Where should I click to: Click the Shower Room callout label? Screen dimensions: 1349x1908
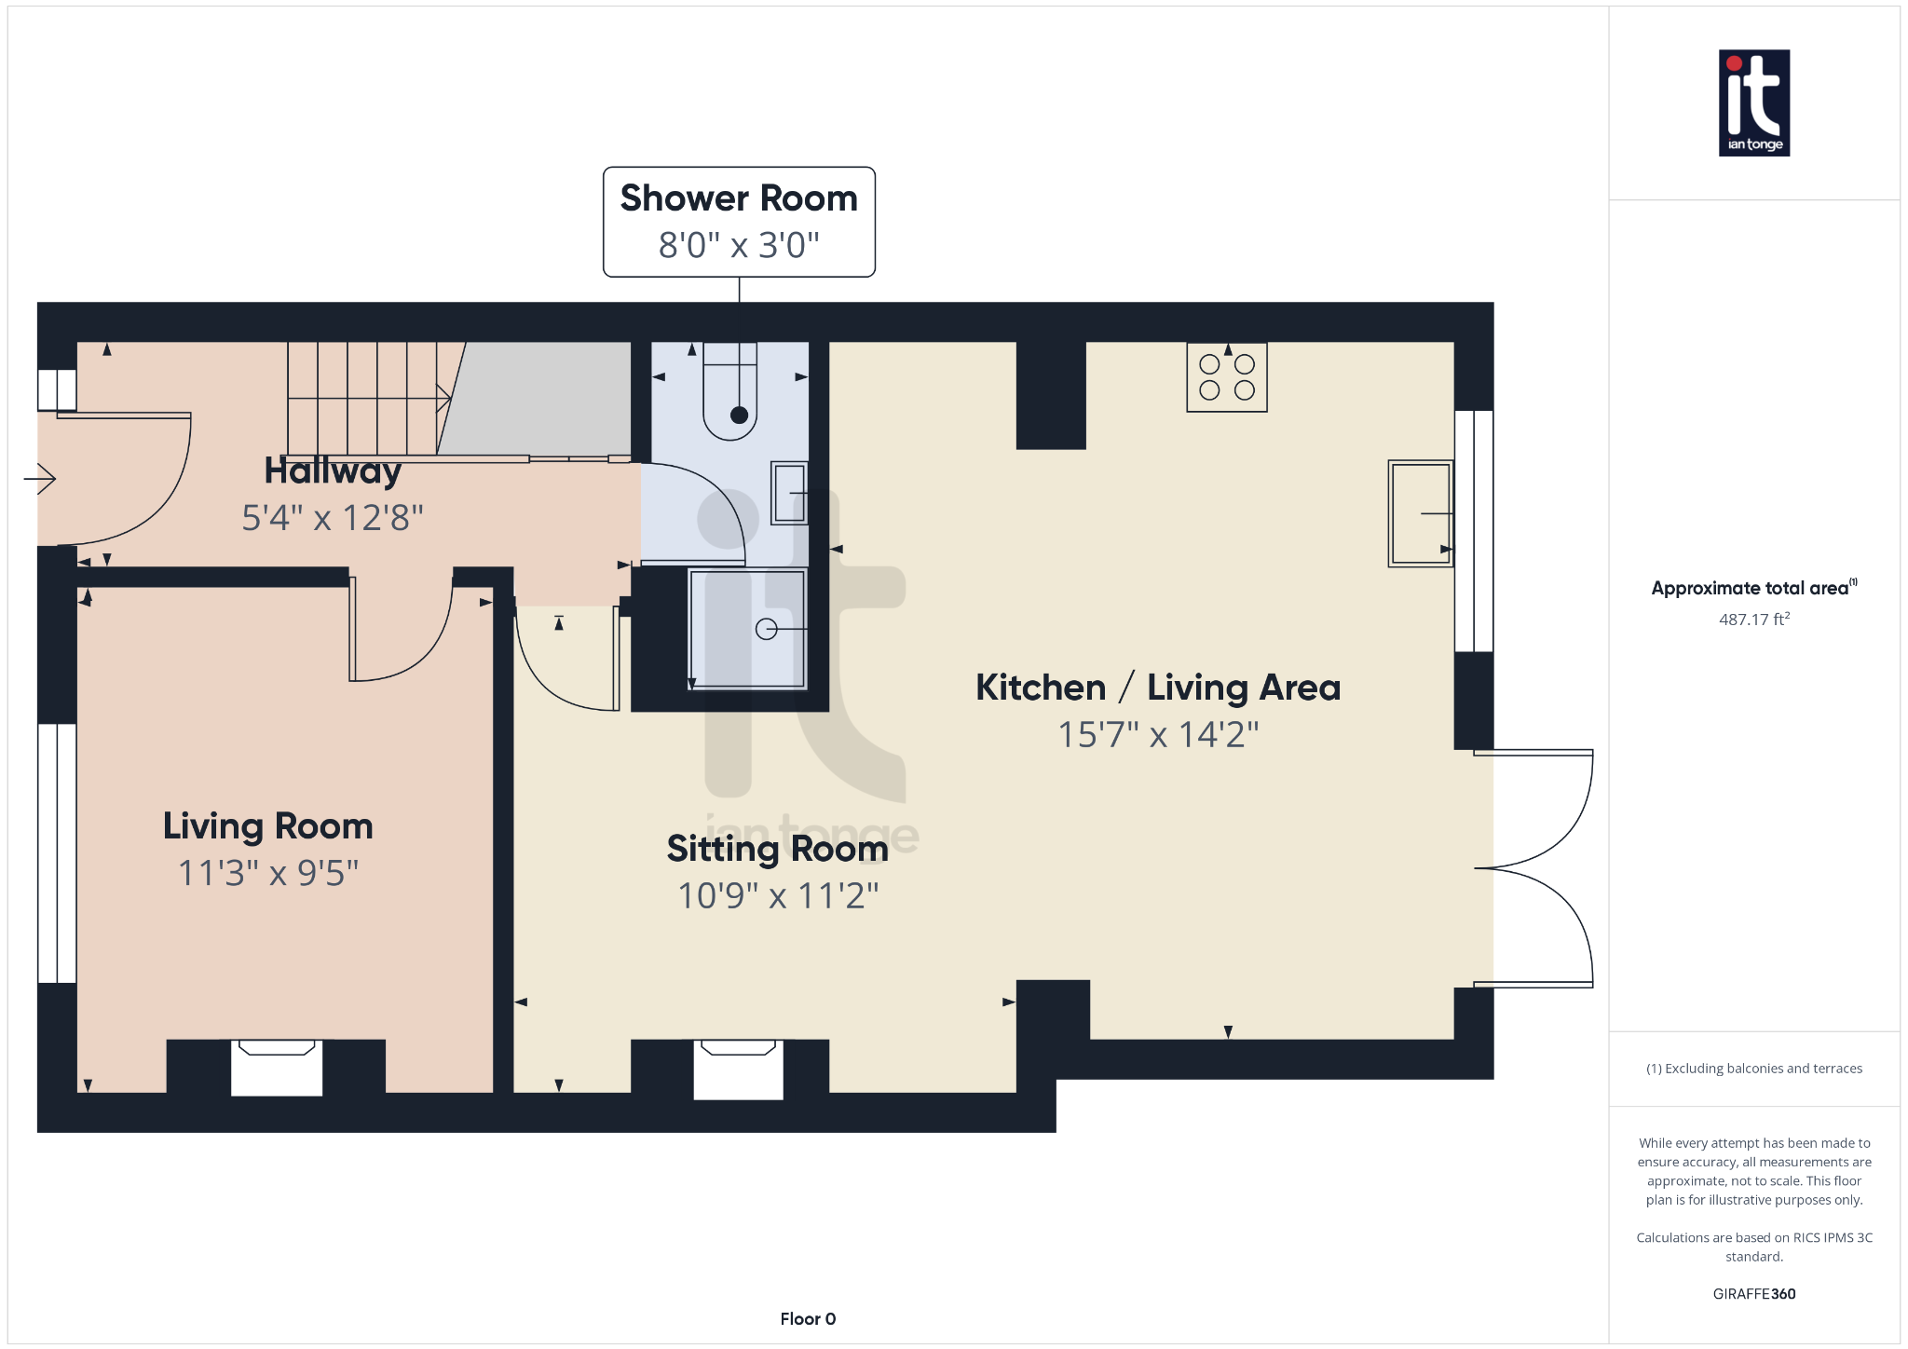click(738, 198)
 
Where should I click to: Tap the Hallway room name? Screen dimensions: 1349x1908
click(333, 470)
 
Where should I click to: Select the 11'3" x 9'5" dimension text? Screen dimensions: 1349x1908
click(268, 873)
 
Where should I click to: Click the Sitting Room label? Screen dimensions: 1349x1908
click(777, 849)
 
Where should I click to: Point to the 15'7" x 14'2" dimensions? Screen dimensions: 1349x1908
click(1157, 734)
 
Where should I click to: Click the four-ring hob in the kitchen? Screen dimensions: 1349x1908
click(1226, 377)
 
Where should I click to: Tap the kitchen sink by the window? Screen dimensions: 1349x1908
click(1420, 513)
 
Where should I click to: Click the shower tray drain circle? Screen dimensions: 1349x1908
click(766, 629)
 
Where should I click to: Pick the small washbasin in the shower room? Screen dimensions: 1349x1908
click(789, 493)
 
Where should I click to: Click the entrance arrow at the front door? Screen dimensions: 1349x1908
click(40, 479)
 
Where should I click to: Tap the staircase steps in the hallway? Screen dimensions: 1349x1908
click(363, 399)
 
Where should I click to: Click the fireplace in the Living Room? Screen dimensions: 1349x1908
click(277, 1067)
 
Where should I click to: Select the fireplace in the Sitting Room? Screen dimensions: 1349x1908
click(738, 1069)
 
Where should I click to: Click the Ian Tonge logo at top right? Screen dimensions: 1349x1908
click(1753, 102)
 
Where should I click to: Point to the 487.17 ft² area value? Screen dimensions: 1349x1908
click(1753, 620)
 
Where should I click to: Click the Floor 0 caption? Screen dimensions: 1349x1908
click(808, 1318)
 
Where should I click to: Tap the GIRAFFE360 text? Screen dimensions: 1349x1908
click(1753, 1293)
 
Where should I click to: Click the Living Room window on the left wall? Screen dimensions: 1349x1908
click(57, 852)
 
